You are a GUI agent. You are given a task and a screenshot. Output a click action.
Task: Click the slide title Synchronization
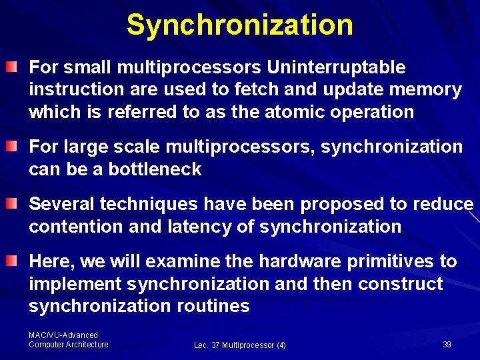(240, 25)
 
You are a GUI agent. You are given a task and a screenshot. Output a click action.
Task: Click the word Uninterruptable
(336, 67)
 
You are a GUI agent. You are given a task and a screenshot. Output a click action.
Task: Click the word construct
(400, 284)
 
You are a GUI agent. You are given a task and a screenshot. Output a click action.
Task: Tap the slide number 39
(447, 345)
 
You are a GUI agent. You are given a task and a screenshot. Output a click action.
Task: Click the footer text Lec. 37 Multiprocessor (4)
(240, 345)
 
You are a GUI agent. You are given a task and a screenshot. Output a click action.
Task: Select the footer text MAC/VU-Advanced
(63, 335)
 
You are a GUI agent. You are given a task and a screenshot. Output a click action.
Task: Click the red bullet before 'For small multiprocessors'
(12, 67)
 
